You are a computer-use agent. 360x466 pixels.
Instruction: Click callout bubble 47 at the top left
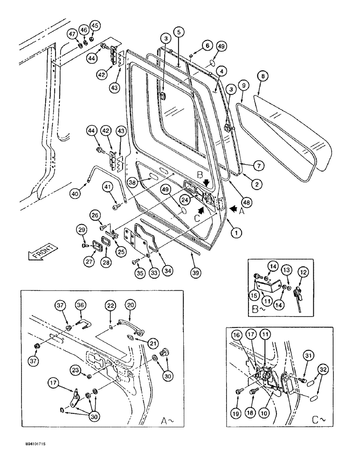(x=72, y=34)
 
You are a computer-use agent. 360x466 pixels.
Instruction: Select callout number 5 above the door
(x=179, y=32)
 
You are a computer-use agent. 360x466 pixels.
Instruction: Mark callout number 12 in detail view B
(x=303, y=271)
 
